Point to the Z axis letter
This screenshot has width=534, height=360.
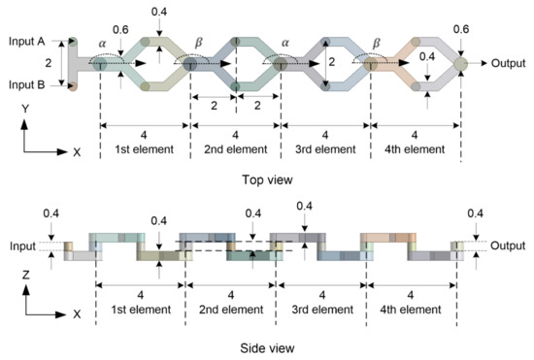[23, 275]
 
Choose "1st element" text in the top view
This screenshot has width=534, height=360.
[140, 150]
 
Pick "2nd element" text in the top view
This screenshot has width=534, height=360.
[235, 150]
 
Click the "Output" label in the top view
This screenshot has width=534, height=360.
[505, 64]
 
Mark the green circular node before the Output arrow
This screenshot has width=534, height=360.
[460, 64]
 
